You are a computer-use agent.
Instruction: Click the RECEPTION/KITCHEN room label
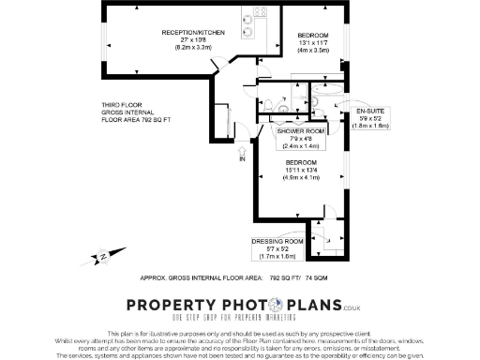pyautogui.click(x=193, y=32)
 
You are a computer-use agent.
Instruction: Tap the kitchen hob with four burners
pyautogui.click(x=259, y=12)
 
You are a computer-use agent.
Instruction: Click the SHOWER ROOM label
pyautogui.click(x=300, y=132)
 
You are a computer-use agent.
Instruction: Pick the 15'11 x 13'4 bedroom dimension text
pyautogui.click(x=302, y=170)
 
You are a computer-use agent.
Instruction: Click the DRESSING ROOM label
pyautogui.click(x=275, y=241)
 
